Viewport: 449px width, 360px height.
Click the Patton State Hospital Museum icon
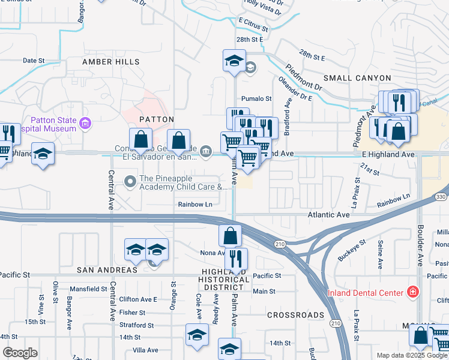coord(86,124)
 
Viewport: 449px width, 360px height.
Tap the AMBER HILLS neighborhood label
coord(111,62)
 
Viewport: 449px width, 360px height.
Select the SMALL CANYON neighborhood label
coord(357,78)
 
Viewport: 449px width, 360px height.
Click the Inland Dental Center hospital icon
coord(412,292)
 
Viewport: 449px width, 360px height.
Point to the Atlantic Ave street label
coord(328,214)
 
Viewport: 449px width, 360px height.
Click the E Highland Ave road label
coord(388,154)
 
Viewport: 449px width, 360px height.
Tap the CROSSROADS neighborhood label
coord(295,314)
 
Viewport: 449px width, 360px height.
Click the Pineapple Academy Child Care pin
coord(130,180)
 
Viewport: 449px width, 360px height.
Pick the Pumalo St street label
coord(256,98)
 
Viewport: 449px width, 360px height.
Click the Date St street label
coord(34,61)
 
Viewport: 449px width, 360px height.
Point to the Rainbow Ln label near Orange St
coord(195,205)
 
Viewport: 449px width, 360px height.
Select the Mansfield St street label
coord(88,289)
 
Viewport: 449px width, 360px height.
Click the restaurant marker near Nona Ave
coord(236,259)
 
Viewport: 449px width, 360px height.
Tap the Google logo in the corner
coord(20,353)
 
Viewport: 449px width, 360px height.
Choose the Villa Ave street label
coord(145,350)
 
